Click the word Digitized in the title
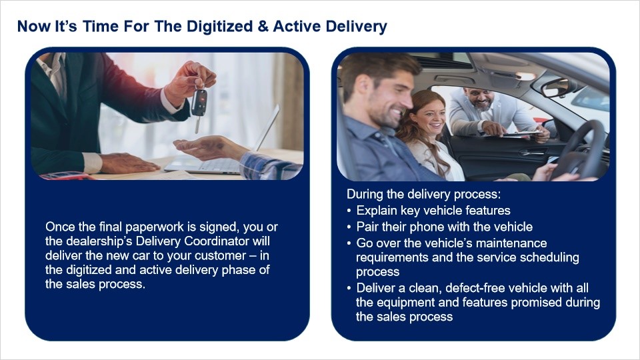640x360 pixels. point(219,27)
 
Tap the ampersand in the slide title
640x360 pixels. point(263,26)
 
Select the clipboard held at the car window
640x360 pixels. point(521,133)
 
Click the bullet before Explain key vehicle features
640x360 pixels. point(349,211)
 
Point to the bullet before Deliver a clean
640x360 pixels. point(349,289)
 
